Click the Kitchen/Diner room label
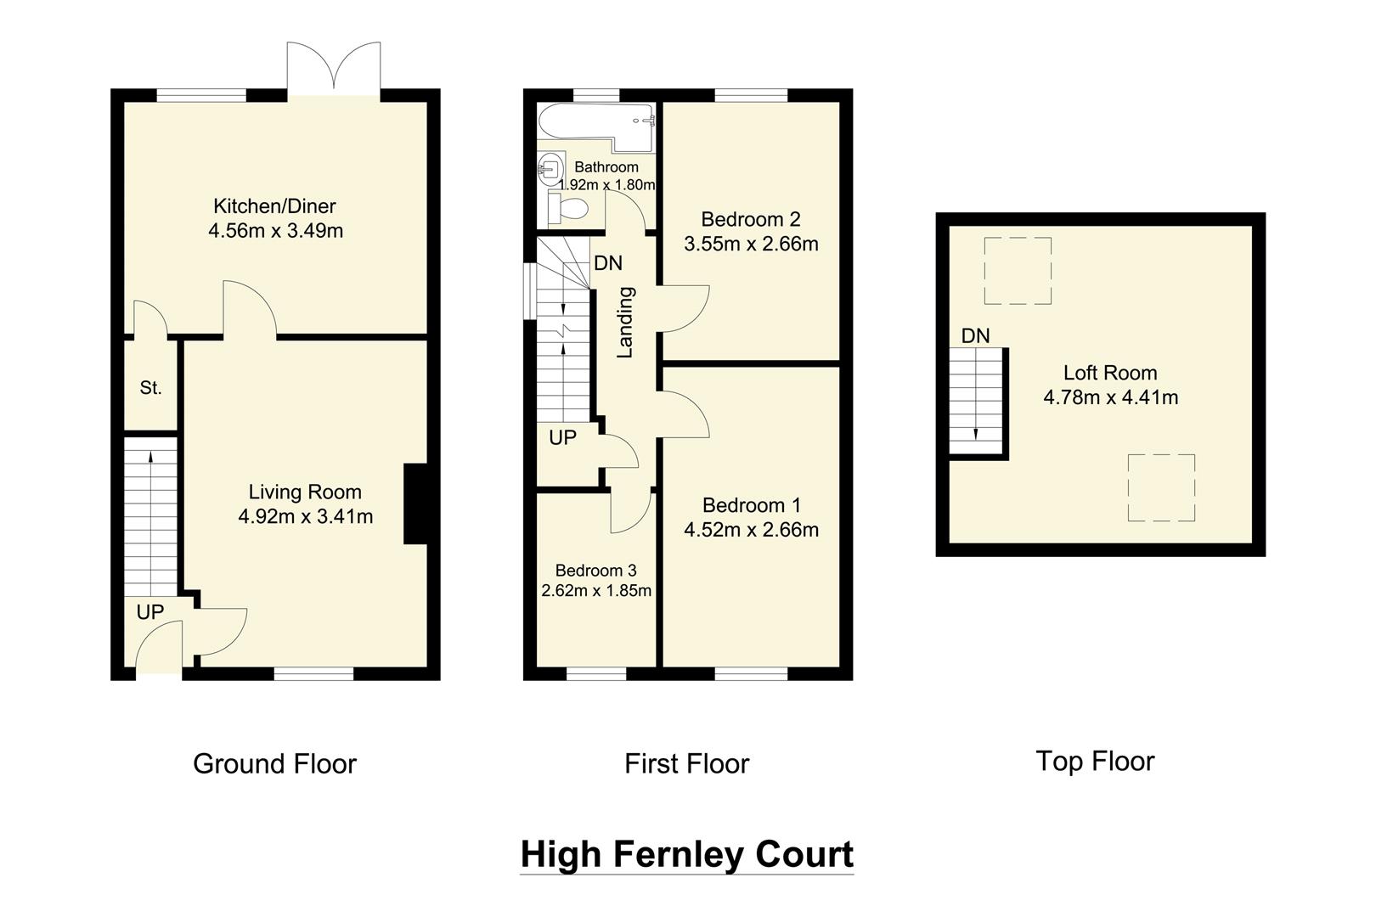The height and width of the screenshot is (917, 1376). point(274,205)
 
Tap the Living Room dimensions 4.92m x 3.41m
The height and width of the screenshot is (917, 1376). point(305,516)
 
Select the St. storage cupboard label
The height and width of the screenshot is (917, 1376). point(150,388)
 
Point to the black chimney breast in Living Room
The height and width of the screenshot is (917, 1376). point(414,504)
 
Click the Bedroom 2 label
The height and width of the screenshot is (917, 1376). point(751,219)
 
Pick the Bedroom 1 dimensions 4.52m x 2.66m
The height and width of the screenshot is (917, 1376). point(751,530)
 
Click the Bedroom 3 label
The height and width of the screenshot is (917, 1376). point(595,571)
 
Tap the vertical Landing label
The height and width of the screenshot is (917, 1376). point(625,322)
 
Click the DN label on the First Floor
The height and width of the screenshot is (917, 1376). point(607,263)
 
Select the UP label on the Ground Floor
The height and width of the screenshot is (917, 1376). point(149,612)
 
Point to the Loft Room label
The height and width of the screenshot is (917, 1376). point(1109,373)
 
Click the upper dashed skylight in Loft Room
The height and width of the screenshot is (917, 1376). point(1018,271)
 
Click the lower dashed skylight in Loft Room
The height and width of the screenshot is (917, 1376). point(1161,487)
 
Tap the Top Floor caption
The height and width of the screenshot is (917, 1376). point(1094,761)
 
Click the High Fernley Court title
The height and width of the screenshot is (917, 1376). point(686,854)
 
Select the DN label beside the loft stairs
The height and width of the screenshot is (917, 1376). point(975,336)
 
